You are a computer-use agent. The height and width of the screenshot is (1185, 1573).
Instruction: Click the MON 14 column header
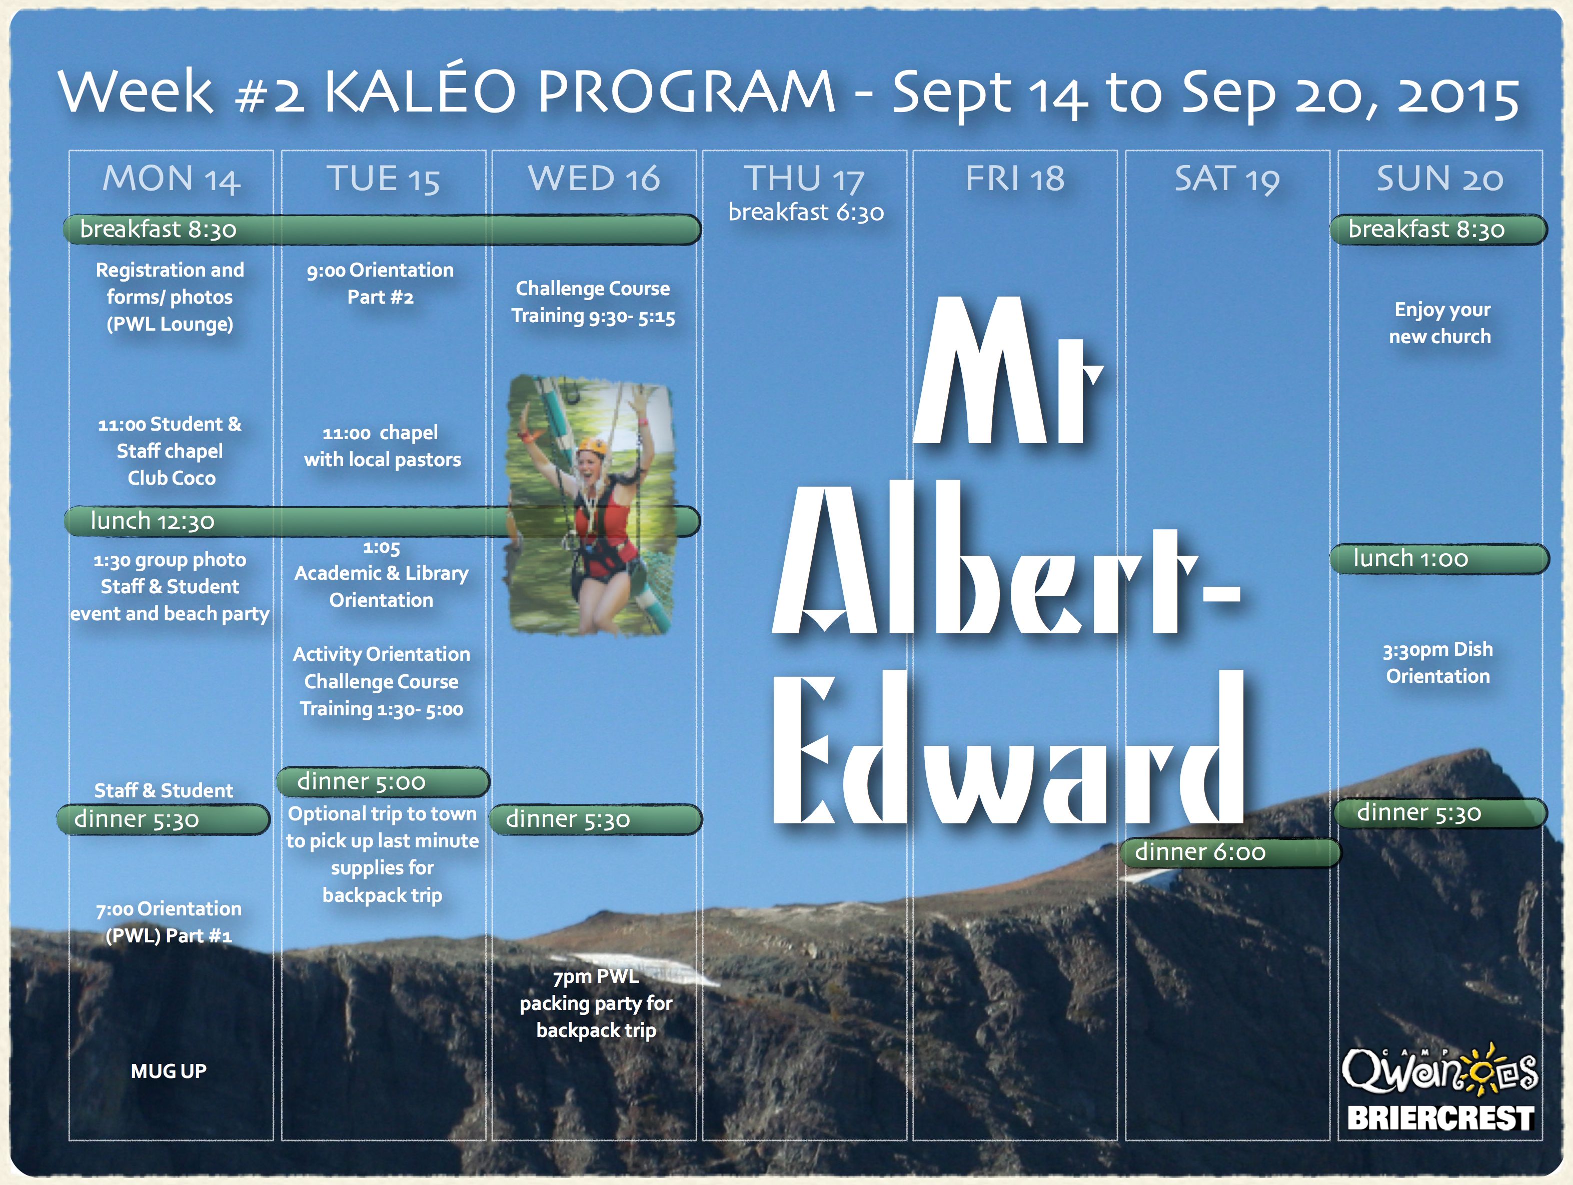pos(172,179)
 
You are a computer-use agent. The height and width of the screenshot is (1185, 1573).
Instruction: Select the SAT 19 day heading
pos(1227,179)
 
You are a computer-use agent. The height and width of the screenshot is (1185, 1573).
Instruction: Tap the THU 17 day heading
pos(804,179)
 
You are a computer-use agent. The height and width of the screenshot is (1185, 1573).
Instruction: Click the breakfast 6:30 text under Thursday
pos(806,212)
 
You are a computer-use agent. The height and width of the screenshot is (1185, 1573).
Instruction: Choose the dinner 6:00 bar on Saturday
pos(1229,852)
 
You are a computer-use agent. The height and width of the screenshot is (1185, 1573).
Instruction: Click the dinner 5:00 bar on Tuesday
pos(383,782)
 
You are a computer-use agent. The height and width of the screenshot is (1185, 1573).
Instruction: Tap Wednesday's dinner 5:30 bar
pos(596,819)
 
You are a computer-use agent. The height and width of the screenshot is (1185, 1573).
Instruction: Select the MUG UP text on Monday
pos(169,1071)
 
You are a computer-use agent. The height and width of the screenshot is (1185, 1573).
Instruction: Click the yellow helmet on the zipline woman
pos(592,446)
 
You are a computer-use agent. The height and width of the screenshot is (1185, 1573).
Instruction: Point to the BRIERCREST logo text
pos(1441,1118)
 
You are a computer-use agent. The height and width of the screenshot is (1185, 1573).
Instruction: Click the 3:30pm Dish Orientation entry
pos(1438,663)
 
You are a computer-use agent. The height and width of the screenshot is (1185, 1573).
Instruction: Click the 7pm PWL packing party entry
pos(596,1003)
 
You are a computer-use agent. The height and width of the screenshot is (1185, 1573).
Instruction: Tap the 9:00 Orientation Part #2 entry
pos(381,284)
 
